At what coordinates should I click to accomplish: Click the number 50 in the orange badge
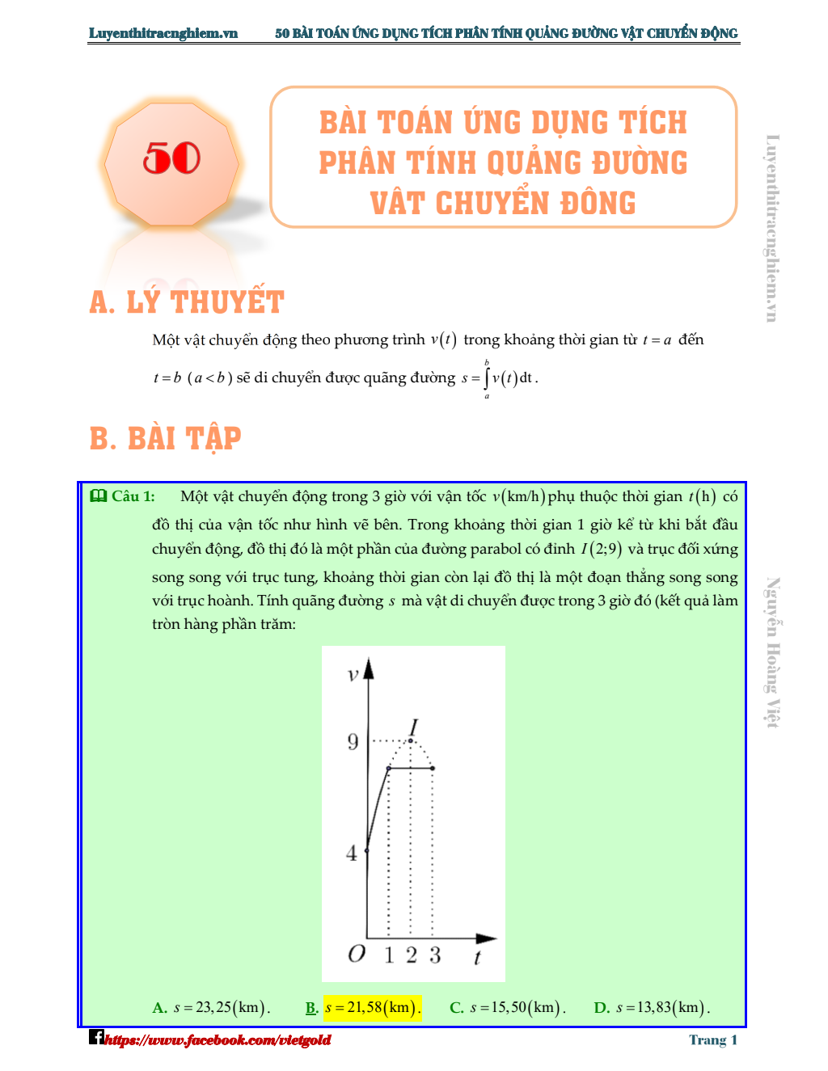tap(171, 158)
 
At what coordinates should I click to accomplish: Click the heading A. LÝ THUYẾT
tap(187, 302)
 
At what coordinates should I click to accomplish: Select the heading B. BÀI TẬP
tap(166, 438)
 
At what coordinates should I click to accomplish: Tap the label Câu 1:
tap(133, 496)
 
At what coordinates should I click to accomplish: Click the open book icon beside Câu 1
tap(99, 496)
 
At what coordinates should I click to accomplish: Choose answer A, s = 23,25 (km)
tap(211, 1008)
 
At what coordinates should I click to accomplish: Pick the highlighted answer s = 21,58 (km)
tap(372, 1008)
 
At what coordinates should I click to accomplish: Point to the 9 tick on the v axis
tap(353, 741)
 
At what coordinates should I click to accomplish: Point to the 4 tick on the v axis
tap(352, 853)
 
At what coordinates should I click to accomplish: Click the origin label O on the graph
tap(357, 955)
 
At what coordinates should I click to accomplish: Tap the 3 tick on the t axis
tap(435, 955)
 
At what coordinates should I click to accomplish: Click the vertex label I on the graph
tap(413, 727)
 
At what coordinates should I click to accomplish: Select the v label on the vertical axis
tap(353, 674)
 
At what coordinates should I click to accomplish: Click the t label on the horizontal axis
tap(477, 958)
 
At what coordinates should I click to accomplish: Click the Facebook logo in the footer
tap(96, 1037)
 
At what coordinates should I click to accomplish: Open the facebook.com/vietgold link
tap(218, 1040)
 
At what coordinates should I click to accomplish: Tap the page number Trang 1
tap(712, 1040)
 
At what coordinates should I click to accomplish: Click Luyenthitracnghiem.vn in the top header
tap(163, 33)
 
